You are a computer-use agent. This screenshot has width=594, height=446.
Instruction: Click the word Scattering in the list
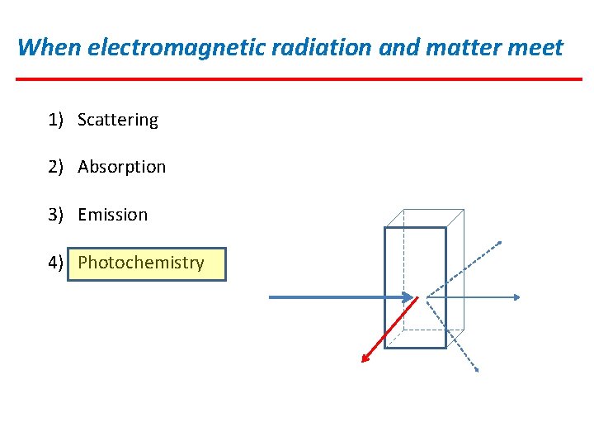118,120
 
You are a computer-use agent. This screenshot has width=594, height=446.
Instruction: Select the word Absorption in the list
122,167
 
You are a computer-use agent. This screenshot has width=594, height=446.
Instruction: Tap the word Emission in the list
113,215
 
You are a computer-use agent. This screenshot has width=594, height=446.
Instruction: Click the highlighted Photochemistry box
146,264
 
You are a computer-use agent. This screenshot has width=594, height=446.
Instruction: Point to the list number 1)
55,120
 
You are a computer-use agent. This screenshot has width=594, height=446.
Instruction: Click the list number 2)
55,167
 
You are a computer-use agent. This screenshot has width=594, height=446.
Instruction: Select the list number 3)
55,215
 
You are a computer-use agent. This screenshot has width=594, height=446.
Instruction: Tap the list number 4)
55,263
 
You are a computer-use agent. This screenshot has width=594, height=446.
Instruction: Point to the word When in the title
49,47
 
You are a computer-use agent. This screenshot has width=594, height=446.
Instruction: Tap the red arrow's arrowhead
365,358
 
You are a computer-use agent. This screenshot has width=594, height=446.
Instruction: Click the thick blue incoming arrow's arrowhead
408,297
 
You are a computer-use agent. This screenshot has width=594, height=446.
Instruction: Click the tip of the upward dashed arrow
499,242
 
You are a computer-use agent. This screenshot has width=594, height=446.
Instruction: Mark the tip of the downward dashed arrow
476,370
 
